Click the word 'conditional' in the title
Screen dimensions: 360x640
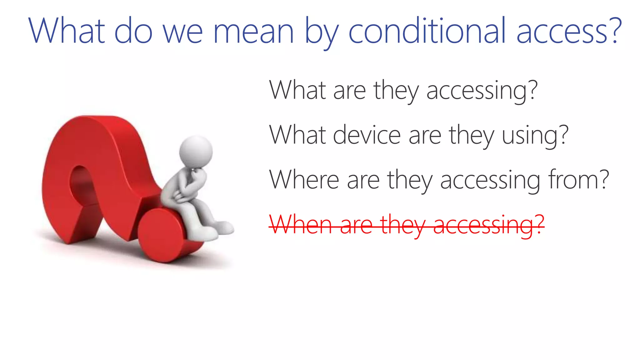pyautogui.click(x=427, y=31)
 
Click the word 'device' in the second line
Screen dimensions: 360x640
pyautogui.click(x=367, y=135)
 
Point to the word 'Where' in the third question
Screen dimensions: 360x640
pyautogui.click(x=304, y=180)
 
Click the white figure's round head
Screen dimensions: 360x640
pyautogui.click(x=196, y=152)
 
